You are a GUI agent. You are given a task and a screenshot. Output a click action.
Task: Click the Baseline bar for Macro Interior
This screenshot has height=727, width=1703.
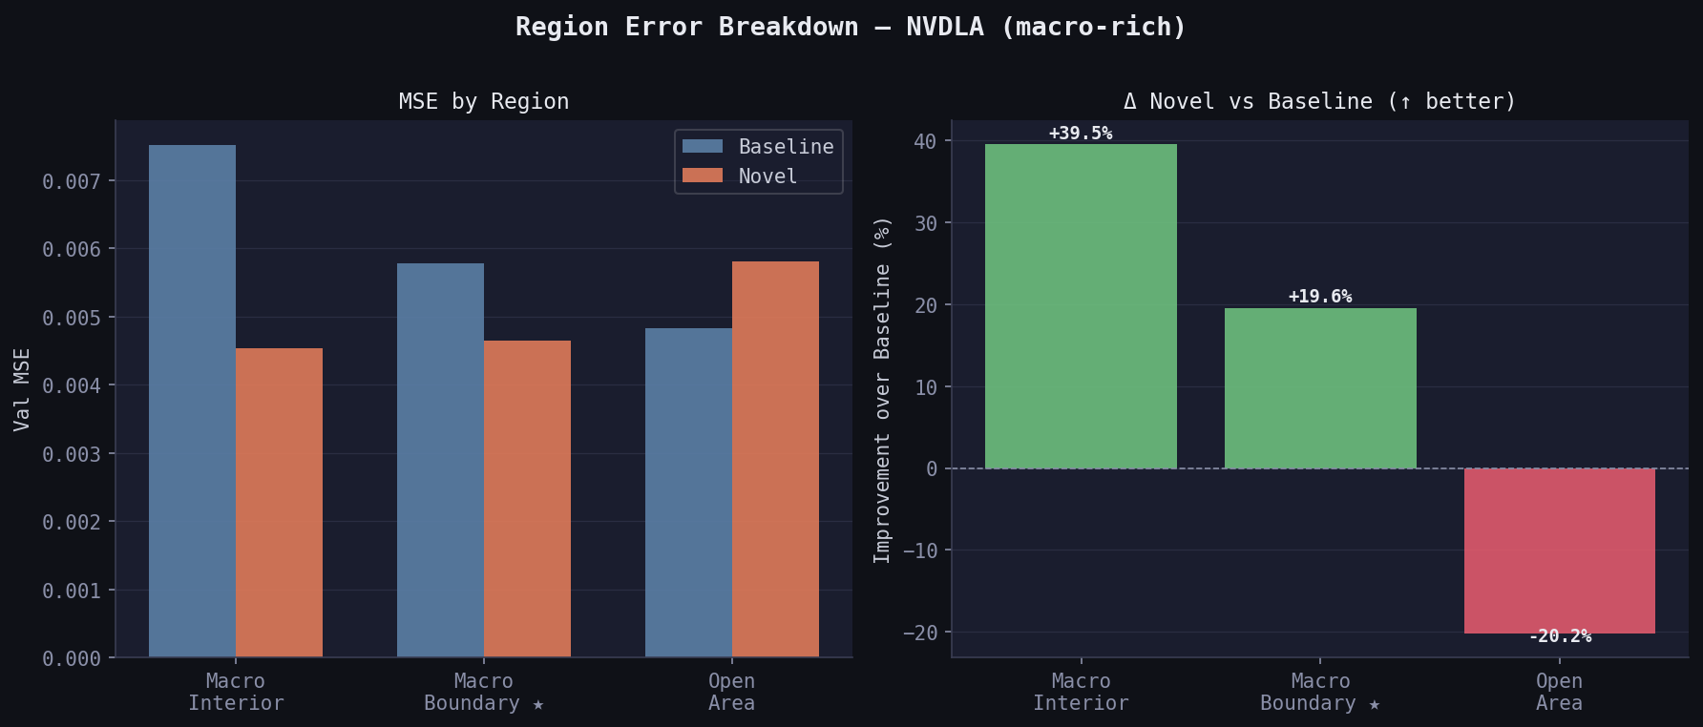click(x=192, y=401)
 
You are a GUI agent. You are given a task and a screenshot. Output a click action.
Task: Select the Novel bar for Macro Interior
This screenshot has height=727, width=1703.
click(x=279, y=503)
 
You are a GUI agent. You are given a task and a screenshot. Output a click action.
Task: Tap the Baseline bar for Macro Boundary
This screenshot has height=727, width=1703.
click(x=440, y=460)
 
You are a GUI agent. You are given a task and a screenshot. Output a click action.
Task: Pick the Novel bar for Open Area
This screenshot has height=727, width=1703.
click(x=775, y=459)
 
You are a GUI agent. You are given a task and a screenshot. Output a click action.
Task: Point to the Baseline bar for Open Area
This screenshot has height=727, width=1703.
click(x=688, y=492)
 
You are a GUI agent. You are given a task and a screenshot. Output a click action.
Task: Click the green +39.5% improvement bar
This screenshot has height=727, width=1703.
click(x=1081, y=306)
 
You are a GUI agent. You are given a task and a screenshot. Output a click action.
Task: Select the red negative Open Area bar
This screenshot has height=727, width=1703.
click(x=1559, y=550)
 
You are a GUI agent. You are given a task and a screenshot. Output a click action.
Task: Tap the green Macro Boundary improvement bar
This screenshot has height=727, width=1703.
click(x=1320, y=388)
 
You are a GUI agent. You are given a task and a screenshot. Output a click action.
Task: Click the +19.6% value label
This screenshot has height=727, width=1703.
click(x=1320, y=297)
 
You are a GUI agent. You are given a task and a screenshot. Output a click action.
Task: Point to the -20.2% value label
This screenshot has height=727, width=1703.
click(x=1560, y=636)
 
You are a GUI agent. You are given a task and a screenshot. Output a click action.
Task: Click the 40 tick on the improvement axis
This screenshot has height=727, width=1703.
click(x=925, y=141)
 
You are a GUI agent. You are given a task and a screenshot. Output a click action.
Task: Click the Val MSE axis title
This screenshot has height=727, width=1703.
click(x=22, y=389)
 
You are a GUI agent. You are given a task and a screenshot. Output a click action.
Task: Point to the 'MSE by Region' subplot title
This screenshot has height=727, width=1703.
click(x=483, y=101)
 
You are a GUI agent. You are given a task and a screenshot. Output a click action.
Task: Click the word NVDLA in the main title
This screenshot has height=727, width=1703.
click(x=944, y=27)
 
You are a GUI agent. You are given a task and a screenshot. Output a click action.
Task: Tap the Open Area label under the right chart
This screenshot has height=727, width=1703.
click(x=1559, y=692)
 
